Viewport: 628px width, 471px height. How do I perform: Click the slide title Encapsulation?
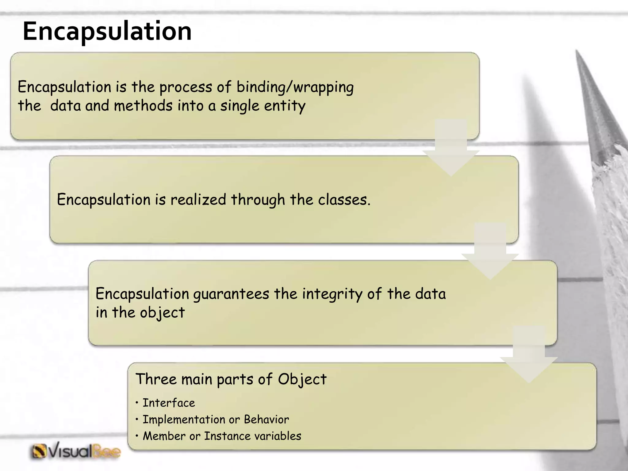point(107,31)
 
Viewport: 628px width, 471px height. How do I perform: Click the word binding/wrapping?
point(295,87)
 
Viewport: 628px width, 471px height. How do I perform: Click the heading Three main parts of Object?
point(231,379)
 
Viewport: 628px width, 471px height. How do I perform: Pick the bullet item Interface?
point(169,403)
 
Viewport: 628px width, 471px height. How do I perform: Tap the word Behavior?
point(266,419)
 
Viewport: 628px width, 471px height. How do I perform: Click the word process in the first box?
point(186,87)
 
